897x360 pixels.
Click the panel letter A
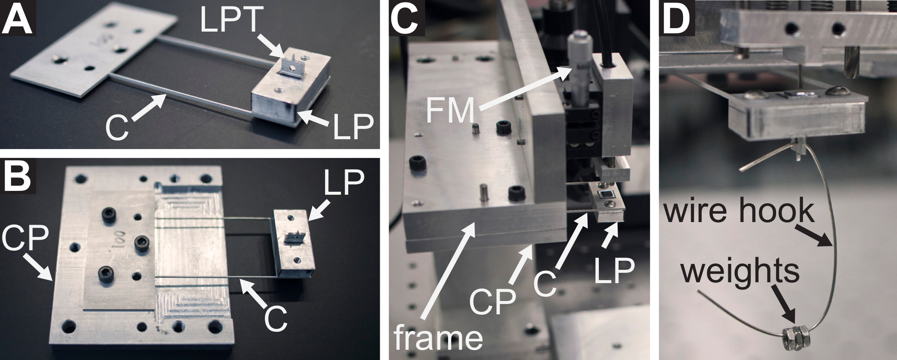(17, 18)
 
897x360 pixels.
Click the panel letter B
(17, 176)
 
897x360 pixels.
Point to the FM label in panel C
(451, 110)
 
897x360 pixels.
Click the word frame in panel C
(438, 337)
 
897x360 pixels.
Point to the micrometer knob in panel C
(579, 51)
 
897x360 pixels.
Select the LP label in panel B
(344, 184)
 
